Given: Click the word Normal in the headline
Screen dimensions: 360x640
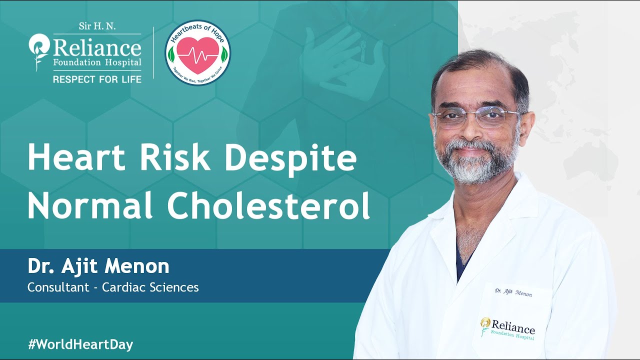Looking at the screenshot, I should point(90,206).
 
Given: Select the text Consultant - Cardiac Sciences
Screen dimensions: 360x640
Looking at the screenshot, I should point(113,287).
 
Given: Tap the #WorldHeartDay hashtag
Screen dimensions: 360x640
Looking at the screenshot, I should point(80,344).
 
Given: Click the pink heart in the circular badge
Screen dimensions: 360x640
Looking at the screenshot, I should point(198,53).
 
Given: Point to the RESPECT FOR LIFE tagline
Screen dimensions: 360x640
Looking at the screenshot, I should point(97,79).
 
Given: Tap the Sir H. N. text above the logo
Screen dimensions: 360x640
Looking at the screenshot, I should point(97,26).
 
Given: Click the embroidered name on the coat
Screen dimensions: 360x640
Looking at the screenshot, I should point(513,292).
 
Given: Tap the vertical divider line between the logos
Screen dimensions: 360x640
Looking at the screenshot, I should point(153,52).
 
